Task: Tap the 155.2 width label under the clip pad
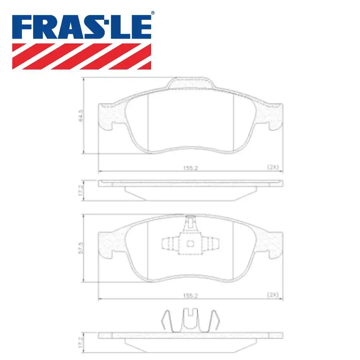[x=190, y=295]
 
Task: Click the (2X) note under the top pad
[x=273, y=167]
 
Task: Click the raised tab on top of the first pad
[x=190, y=83]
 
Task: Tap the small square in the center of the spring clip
[x=190, y=244]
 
